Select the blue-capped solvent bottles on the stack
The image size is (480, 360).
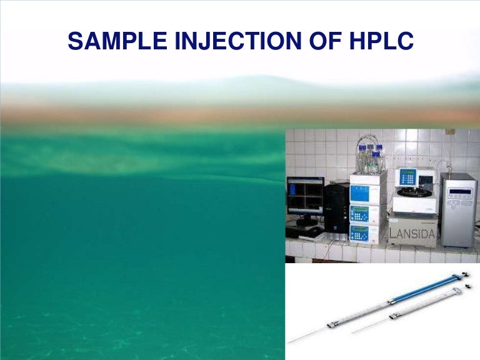point(368,157)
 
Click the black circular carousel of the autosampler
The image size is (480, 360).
point(414,194)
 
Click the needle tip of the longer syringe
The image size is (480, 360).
point(291,343)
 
